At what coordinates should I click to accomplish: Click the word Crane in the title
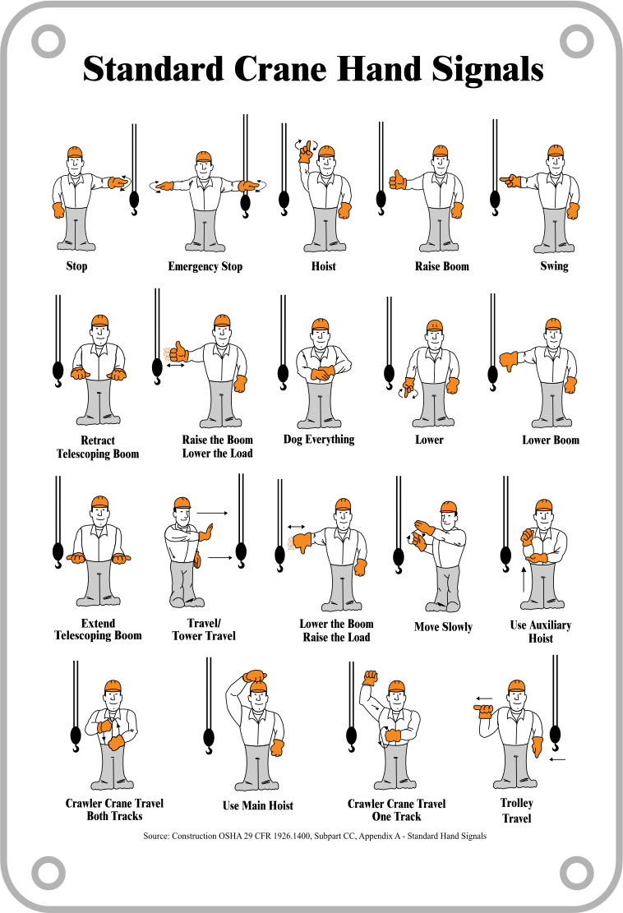[x=280, y=69]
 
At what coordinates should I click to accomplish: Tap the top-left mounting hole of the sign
[x=48, y=41]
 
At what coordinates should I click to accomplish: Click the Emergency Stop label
[x=205, y=267]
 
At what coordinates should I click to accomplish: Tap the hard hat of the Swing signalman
[x=556, y=151]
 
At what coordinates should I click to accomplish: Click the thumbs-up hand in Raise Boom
[x=397, y=180]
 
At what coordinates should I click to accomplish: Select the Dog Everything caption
[x=319, y=440]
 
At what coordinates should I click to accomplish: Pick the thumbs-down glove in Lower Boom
[x=508, y=361]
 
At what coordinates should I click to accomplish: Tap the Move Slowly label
[x=443, y=627]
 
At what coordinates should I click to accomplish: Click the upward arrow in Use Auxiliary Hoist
[x=524, y=579]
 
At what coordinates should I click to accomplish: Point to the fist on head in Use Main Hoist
[x=255, y=676]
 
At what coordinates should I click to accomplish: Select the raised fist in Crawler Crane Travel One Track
[x=371, y=678]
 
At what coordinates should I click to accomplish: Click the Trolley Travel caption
[x=516, y=810]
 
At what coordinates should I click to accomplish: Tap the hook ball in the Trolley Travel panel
[x=556, y=735]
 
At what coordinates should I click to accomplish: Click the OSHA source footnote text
[x=315, y=836]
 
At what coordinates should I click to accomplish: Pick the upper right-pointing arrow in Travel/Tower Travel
[x=213, y=514]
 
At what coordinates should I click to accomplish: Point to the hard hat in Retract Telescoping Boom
[x=100, y=322]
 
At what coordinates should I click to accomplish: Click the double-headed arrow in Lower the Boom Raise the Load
[x=297, y=527]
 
